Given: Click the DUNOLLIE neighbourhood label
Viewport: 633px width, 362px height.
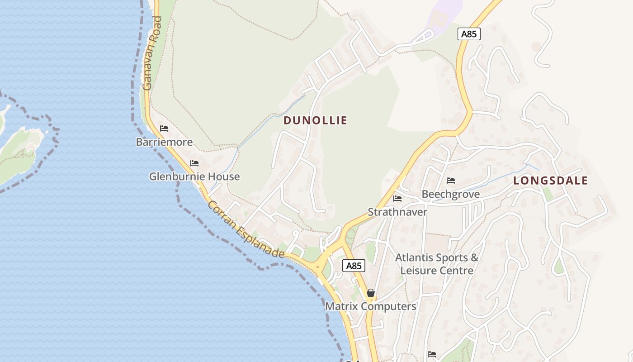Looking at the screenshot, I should (x=315, y=120).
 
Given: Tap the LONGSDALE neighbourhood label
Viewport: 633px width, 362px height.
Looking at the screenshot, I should (x=550, y=181).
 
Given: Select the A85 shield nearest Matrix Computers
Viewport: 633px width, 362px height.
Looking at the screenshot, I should (x=353, y=266).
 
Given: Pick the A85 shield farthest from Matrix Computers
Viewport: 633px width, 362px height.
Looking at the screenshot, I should (x=468, y=34).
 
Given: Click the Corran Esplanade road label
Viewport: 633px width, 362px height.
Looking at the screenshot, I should (x=246, y=230).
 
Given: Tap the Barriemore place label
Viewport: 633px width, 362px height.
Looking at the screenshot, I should (x=164, y=142).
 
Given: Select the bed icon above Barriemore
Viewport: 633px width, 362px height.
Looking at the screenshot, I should (x=164, y=129).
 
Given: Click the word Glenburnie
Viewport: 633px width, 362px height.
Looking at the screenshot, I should (x=177, y=176).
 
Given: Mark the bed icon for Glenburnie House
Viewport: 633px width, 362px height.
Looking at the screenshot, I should (x=194, y=163).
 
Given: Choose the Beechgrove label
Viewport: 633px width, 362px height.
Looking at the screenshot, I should (x=450, y=194).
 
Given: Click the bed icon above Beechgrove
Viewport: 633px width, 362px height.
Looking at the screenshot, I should (x=450, y=181).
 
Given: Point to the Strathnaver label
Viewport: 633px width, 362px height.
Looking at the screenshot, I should (x=397, y=212).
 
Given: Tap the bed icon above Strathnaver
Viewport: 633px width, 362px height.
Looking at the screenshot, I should (x=397, y=198).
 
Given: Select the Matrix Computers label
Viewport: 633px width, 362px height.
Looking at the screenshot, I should (x=370, y=306).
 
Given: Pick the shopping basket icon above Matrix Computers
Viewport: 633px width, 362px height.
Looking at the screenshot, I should (x=371, y=293).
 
